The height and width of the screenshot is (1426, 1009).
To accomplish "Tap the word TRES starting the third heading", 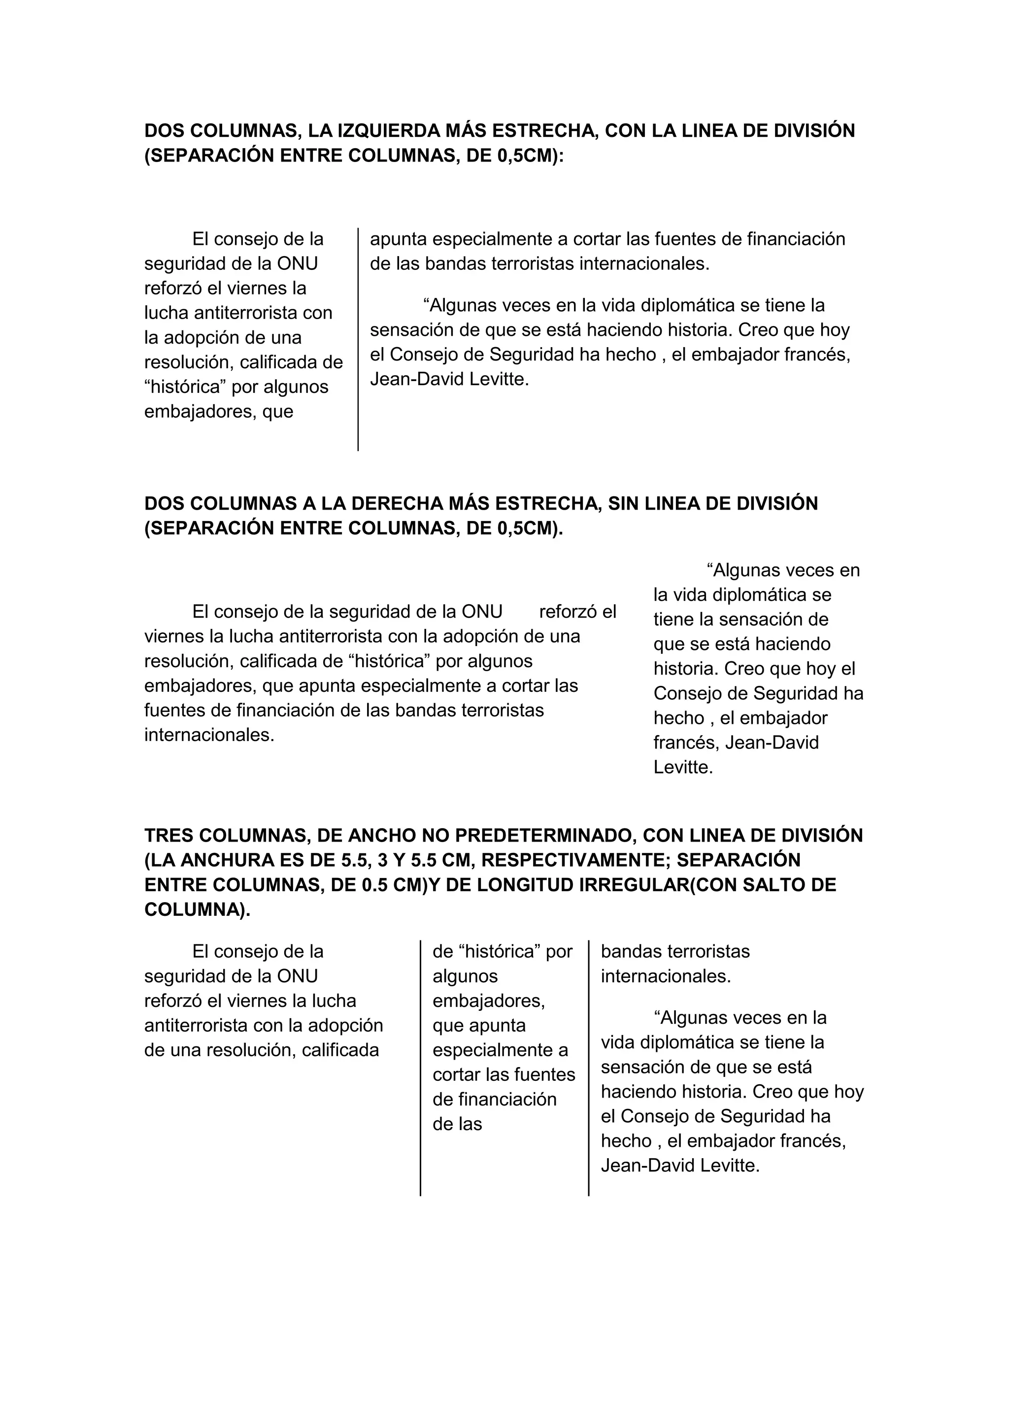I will tap(167, 835).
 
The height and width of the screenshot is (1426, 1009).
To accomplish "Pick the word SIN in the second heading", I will tap(623, 503).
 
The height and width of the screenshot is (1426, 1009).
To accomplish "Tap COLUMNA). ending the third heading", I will tap(198, 910).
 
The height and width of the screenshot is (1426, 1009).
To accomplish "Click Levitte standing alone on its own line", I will tap(683, 767).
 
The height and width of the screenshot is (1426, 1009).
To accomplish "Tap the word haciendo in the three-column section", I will tap(638, 1092).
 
